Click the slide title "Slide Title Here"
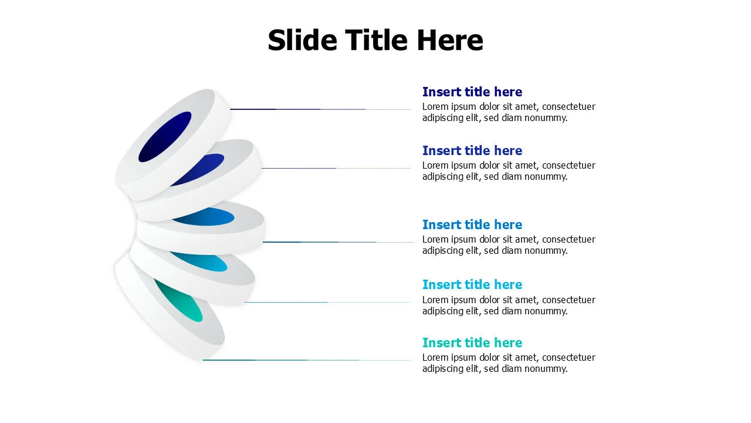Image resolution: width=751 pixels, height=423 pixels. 375,40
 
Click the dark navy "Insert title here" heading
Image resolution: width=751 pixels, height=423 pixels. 472,92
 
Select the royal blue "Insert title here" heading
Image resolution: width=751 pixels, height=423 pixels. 472,150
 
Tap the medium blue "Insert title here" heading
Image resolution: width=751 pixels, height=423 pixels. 472,224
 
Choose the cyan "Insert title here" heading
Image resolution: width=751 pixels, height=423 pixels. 472,285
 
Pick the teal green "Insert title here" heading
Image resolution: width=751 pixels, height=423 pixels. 472,343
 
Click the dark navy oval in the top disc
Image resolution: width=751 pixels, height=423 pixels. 165,137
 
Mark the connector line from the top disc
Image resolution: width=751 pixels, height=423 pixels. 320,109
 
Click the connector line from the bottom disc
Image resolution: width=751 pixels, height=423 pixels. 307,360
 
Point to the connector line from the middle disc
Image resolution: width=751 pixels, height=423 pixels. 339,241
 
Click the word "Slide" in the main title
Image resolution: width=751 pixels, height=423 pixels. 302,40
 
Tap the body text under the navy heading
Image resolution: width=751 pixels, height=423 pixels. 509,112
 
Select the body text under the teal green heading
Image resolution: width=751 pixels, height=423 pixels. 509,363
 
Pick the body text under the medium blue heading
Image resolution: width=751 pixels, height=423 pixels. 509,245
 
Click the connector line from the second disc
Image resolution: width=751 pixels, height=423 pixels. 336,168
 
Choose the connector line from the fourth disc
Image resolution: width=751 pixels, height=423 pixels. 328,302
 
